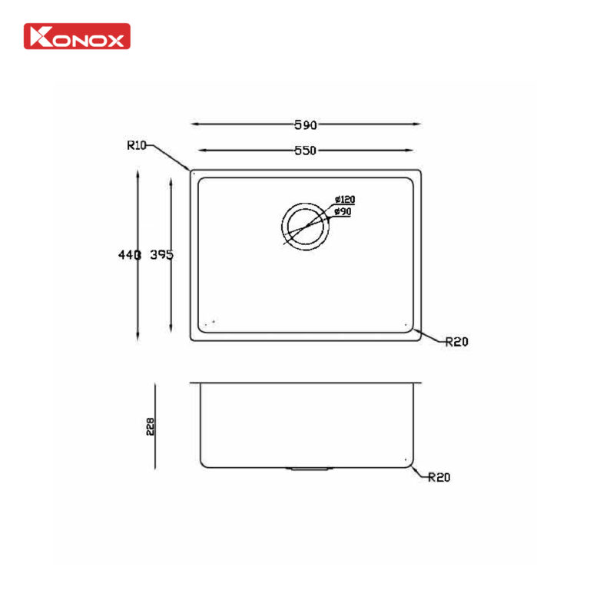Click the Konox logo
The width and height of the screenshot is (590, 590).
coord(77,36)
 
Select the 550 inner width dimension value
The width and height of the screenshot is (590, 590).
coord(305,151)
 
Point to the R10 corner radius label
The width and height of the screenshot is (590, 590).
coord(137,144)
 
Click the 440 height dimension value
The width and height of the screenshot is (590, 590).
coord(128,255)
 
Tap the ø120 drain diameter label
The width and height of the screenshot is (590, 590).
coord(344,201)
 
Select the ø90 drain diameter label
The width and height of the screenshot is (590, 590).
coord(343,211)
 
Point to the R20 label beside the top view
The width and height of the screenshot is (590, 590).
coord(456,343)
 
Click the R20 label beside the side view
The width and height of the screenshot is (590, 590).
coord(439,477)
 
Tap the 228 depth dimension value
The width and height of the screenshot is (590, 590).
coord(151,427)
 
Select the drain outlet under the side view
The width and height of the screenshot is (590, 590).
coord(308,467)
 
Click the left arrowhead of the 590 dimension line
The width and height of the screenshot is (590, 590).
coord(194,123)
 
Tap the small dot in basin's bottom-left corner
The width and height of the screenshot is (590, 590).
coord(213,321)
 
